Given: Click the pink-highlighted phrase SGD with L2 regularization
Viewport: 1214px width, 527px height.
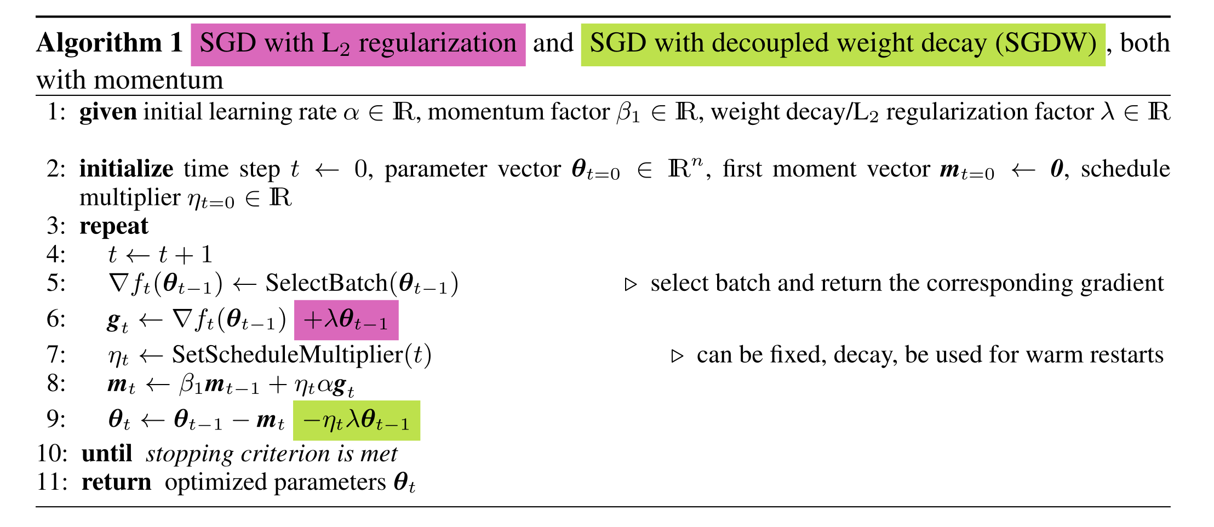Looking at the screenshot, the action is [358, 44].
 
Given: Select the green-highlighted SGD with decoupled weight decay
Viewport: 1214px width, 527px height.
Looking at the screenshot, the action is [843, 44].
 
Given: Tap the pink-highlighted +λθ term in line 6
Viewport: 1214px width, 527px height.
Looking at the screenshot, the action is [346, 320].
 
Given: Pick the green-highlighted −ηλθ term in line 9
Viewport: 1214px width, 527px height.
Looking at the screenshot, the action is [356, 421].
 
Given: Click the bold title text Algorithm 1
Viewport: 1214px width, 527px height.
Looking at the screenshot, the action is [110, 43].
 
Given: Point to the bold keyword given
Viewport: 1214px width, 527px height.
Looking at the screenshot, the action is [108, 112].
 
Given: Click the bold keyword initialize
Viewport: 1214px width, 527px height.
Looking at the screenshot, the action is [126, 169].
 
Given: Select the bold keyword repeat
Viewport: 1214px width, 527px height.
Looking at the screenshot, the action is [114, 226].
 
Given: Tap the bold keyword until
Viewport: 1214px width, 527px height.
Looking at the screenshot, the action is [107, 454].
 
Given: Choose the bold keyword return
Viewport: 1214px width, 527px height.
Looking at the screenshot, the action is [116, 483].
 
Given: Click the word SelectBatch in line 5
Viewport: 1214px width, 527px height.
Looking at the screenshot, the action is [327, 284].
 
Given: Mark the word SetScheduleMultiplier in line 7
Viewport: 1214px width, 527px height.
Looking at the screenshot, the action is [288, 355].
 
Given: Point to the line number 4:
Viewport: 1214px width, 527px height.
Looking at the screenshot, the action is [56, 255].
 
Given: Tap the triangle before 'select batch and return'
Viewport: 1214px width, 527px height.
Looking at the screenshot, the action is [631, 284].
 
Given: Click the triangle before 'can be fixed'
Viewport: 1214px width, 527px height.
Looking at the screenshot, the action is [678, 356].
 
